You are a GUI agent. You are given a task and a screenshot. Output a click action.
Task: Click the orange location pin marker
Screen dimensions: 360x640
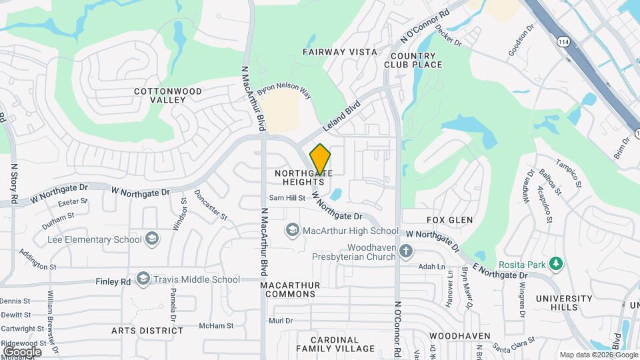coord(320,159)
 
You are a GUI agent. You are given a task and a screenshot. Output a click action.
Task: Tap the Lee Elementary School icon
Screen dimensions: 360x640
coord(152,239)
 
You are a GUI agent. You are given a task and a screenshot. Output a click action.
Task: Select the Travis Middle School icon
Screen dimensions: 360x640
coord(143,279)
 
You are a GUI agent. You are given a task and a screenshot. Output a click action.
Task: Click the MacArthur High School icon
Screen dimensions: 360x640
coord(291,231)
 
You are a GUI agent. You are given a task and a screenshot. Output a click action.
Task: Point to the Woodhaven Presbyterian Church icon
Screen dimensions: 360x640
coord(407,251)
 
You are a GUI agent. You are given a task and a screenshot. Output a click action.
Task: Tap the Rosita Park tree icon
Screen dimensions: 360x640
coord(555,265)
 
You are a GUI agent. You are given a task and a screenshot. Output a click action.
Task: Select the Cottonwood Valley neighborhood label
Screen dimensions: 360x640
coord(159,95)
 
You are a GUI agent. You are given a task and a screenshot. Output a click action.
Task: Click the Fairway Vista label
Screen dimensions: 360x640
coord(339,51)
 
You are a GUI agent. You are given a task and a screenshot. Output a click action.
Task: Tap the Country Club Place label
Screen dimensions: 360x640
coord(417,60)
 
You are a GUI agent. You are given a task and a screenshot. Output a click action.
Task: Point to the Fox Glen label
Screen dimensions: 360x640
coord(449,220)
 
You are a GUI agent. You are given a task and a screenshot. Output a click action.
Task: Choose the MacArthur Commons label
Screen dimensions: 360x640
coord(290,289)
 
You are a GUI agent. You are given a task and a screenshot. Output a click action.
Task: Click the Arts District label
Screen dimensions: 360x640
coord(147,331)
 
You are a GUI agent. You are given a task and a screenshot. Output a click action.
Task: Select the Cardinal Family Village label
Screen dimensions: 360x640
coord(335,344)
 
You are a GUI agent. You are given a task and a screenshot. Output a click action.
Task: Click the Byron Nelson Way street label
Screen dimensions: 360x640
coord(284,91)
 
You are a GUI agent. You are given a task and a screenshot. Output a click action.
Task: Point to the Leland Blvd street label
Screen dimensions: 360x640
coord(341,115)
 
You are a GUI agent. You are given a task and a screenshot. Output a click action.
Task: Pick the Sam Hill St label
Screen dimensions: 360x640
coord(287,198)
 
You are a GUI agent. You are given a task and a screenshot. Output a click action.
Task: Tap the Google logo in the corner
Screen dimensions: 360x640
coord(21,351)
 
